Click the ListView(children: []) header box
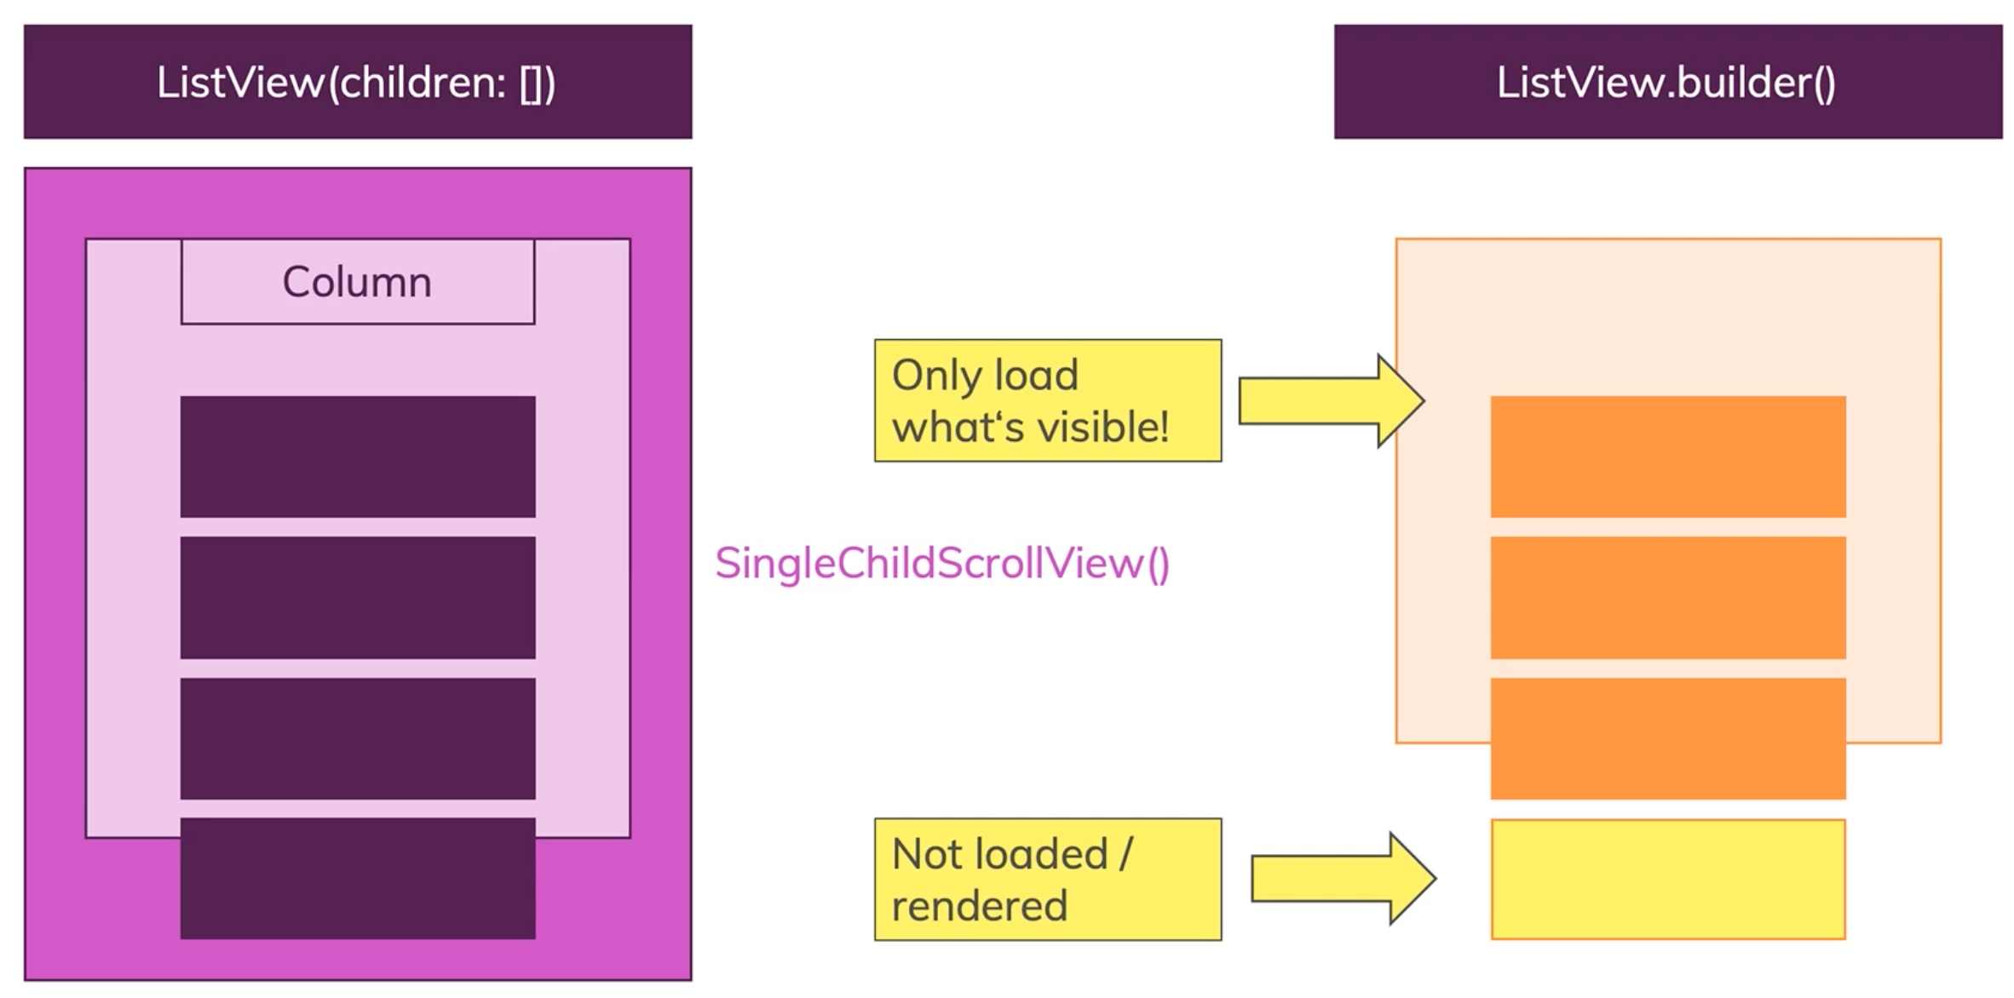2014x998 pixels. click(357, 82)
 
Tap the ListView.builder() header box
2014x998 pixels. click(1667, 82)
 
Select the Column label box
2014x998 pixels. click(357, 282)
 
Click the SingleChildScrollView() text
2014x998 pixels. click(942, 564)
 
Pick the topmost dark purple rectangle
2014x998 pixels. click(357, 456)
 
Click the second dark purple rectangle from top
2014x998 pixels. click(357, 597)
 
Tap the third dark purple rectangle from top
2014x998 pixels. click(357, 738)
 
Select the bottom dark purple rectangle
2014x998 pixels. click(357, 879)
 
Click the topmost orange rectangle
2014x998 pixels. click(1667, 456)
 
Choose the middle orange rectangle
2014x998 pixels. click(1667, 597)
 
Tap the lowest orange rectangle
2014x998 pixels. click(1667, 738)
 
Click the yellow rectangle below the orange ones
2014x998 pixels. click(1667, 879)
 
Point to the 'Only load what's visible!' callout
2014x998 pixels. click(1047, 401)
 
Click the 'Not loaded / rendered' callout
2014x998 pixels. click(1047, 879)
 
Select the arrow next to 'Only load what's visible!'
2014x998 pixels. click(1329, 401)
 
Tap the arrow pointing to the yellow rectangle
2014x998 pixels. click(1342, 879)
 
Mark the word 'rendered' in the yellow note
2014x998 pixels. click(979, 905)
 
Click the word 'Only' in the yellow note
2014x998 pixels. click(934, 376)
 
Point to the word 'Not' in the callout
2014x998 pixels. click(929, 853)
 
